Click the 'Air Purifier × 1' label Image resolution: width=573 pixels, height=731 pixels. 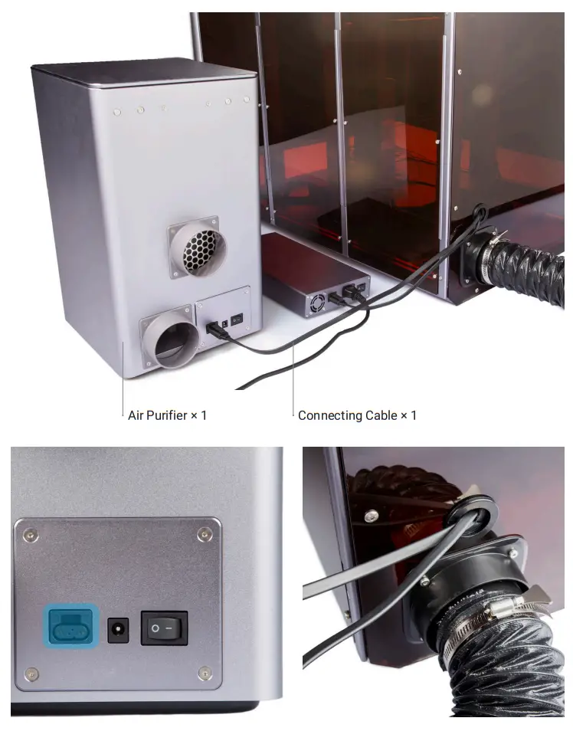167,415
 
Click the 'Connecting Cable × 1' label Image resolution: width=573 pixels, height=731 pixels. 357,415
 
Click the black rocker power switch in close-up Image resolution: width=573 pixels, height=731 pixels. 164,628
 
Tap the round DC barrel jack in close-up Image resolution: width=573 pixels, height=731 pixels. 118,630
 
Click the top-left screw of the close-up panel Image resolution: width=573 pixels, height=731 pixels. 30,533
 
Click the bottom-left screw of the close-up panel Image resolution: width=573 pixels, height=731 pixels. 31,674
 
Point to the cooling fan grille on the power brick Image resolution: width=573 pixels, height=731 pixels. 316,305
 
